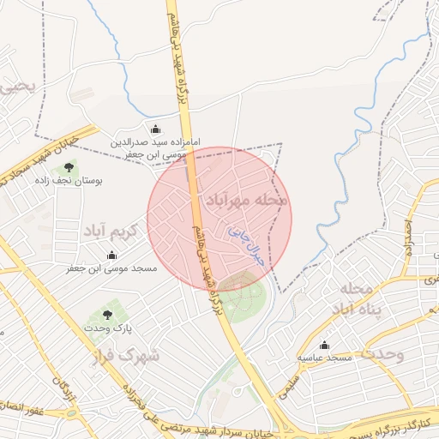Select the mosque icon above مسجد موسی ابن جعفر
[x=111, y=255]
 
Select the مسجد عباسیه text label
[x=324, y=356]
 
